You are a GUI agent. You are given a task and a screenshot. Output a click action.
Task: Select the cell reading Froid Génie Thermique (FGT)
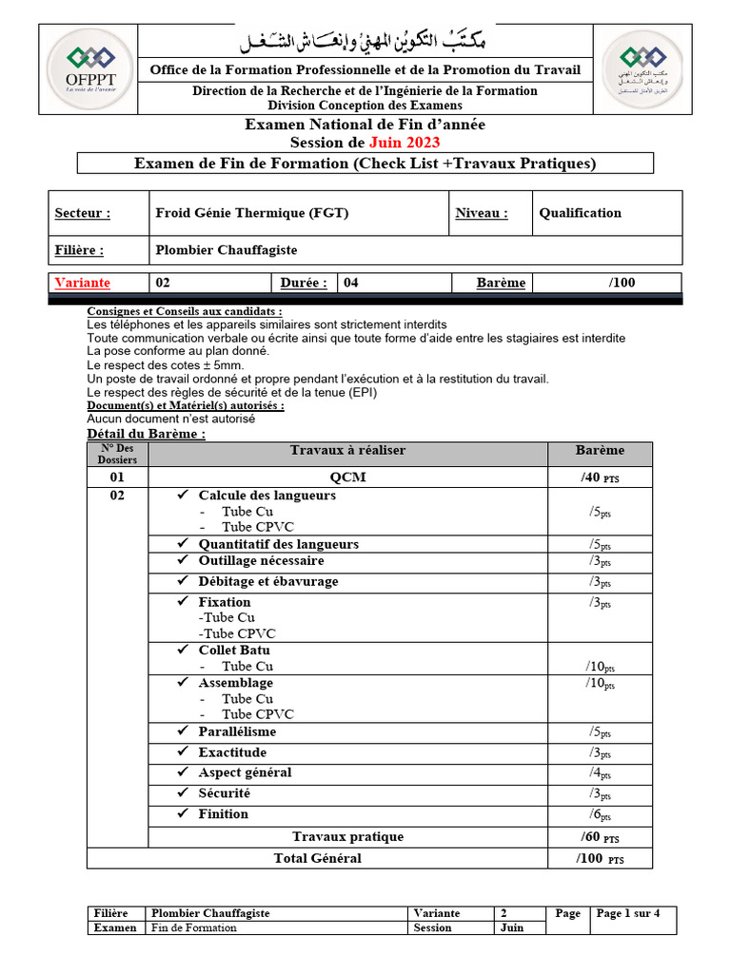tap(252, 213)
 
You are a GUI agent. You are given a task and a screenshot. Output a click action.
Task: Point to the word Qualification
tap(580, 213)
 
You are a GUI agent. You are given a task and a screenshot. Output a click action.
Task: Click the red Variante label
tap(83, 282)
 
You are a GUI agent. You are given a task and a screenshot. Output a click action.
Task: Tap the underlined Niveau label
tap(481, 213)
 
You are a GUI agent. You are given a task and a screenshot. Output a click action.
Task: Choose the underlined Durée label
tap(304, 282)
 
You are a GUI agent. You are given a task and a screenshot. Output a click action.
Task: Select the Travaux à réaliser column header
tap(347, 450)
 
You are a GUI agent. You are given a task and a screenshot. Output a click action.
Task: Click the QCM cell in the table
tap(347, 477)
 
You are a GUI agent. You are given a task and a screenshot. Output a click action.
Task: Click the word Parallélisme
tap(237, 731)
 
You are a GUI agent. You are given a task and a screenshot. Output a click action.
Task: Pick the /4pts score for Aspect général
tap(600, 773)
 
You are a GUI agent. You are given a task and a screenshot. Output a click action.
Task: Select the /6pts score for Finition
tap(600, 815)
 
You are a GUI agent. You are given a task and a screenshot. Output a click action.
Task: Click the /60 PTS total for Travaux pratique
tap(600, 837)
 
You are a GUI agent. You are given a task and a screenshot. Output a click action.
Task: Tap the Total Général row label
tap(317, 858)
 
